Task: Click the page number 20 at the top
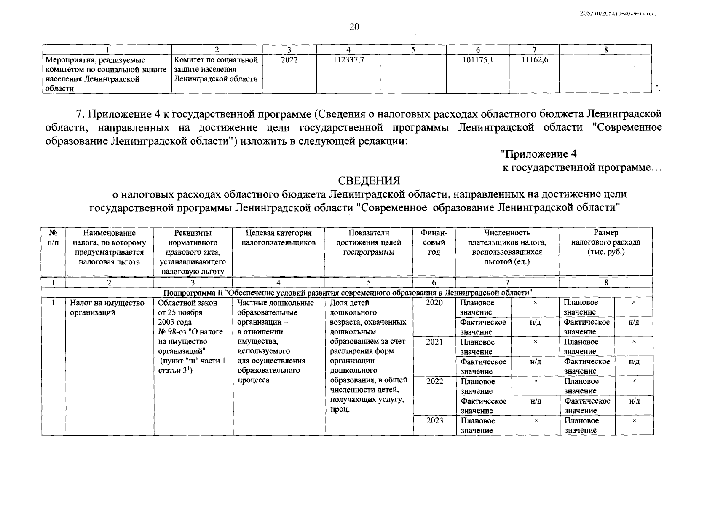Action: pyautogui.click(x=354, y=27)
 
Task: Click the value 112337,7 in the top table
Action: pyautogui.click(x=348, y=60)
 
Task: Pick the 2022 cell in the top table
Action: pyautogui.click(x=289, y=60)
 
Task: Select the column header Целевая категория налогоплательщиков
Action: pyautogui.click(x=279, y=237)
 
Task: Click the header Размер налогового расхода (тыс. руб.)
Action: pyautogui.click(x=605, y=242)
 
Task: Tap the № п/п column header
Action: pyautogui.click(x=53, y=237)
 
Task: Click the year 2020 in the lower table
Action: pyautogui.click(x=434, y=302)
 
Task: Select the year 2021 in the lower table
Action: pyautogui.click(x=434, y=342)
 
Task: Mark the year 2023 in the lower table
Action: pyautogui.click(x=434, y=420)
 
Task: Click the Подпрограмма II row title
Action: pyautogui.click(x=347, y=292)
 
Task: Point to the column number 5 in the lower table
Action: pyautogui.click(x=369, y=283)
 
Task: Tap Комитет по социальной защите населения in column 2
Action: pyautogui.click(x=216, y=69)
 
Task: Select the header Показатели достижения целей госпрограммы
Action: pyautogui.click(x=369, y=242)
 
